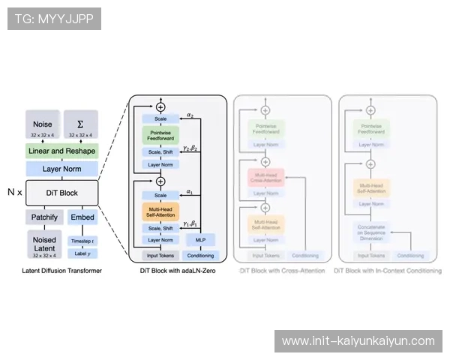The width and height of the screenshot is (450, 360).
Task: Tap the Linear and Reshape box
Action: coord(61,151)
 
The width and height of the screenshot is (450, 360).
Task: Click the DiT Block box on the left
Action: coord(62,193)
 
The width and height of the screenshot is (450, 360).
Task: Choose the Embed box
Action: coord(81,217)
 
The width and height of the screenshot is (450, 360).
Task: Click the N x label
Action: coord(15,192)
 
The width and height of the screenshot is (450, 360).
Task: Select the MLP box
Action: coord(200,240)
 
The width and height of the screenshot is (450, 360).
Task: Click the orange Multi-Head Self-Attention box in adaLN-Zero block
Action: coord(160,213)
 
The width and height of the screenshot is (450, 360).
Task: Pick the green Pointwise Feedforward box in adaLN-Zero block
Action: coord(160,135)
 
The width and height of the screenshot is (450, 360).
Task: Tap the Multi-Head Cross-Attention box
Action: coord(264,177)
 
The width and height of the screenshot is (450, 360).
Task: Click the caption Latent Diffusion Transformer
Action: coord(61,270)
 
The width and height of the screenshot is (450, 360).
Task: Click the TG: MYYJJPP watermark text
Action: coord(53,17)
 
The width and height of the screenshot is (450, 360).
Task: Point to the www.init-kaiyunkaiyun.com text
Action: coord(358,341)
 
